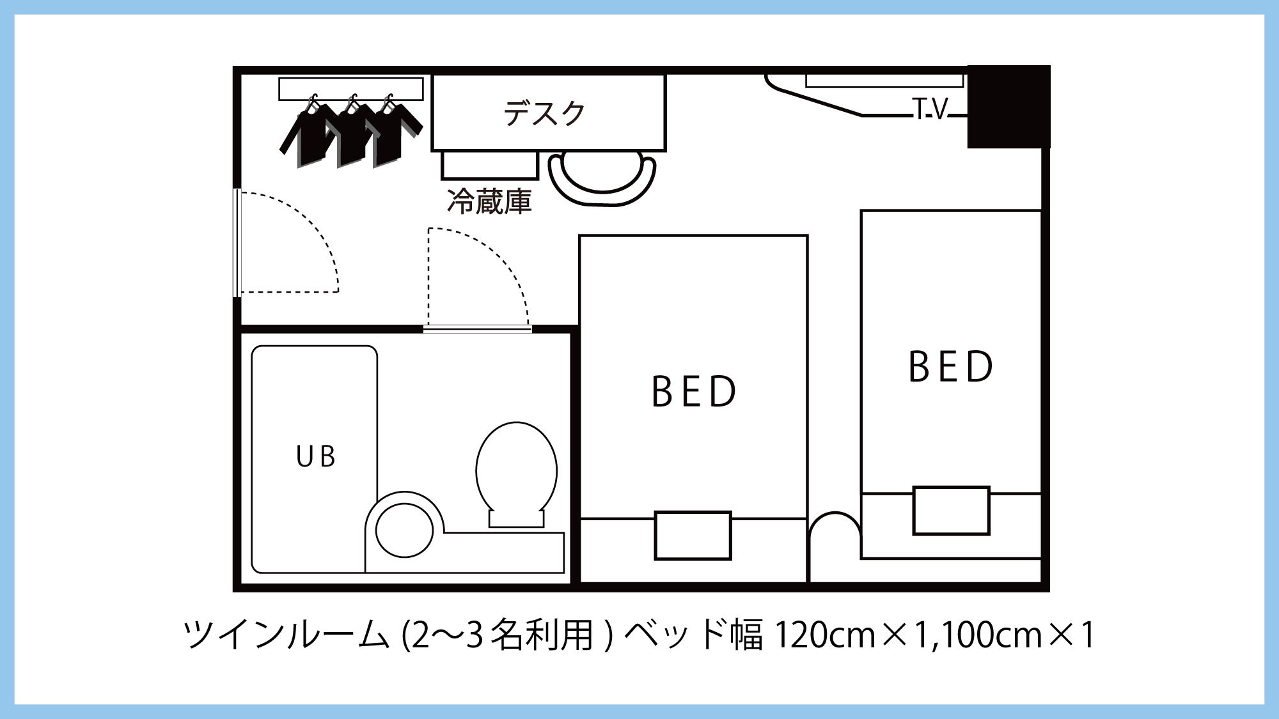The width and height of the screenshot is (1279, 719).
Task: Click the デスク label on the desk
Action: (544, 113)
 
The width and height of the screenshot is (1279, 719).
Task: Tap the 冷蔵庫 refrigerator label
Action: (489, 201)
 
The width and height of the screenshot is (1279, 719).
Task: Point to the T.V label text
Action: (930, 109)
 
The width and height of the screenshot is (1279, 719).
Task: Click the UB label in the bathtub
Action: (316, 456)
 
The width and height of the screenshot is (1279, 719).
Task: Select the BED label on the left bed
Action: (694, 391)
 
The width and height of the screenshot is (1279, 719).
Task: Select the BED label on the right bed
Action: (951, 367)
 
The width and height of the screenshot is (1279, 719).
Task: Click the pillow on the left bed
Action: (693, 536)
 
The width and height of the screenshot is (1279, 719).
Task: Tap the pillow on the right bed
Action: (951, 511)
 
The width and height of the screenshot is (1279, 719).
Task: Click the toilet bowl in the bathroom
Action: (516, 470)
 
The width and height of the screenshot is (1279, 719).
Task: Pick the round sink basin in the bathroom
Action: (404, 530)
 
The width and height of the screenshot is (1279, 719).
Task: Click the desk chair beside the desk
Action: (602, 179)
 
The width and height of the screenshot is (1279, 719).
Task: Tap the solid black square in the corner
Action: (1008, 107)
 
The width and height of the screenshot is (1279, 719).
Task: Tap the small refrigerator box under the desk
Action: (489, 165)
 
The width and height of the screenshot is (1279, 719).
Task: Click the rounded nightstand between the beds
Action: (835, 543)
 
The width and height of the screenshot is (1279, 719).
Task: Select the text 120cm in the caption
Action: (824, 635)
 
